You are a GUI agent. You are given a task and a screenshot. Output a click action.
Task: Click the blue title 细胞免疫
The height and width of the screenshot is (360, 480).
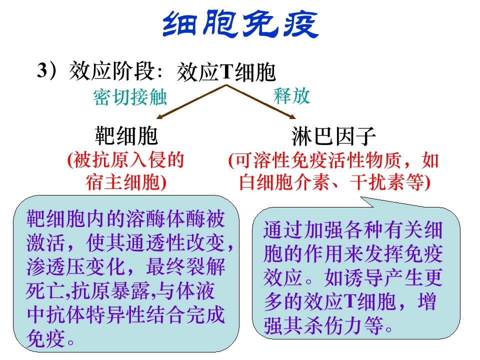240,24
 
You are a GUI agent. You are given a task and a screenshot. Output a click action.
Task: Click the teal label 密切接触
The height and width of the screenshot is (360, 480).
130,97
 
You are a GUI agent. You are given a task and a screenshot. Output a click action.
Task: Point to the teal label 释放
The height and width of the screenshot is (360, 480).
291,95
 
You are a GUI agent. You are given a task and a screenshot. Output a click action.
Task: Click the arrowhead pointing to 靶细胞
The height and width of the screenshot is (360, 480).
158,117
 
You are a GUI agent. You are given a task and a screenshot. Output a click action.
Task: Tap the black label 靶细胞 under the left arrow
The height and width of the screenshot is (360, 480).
126,135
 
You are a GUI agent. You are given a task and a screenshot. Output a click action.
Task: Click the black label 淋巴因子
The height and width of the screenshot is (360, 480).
333,136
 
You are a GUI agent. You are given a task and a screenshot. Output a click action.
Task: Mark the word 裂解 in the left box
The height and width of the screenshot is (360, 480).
205,266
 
